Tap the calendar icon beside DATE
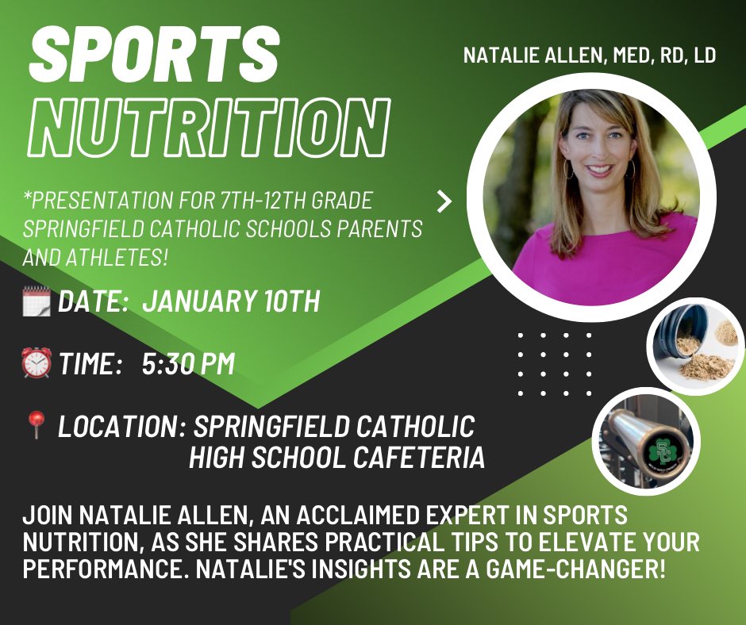click(37, 301)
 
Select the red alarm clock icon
click(37, 363)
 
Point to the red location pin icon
click(36, 427)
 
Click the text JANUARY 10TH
click(230, 302)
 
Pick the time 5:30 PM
click(188, 364)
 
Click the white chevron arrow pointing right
click(444, 201)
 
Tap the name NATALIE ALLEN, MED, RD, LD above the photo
click(590, 56)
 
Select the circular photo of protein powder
click(695, 347)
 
